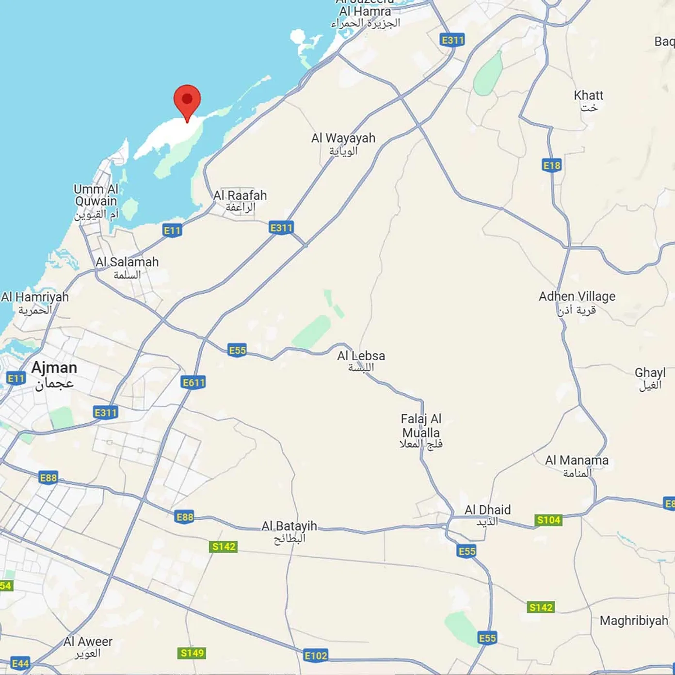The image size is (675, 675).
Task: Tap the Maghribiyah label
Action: (x=634, y=621)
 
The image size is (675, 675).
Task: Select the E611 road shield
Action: (x=193, y=383)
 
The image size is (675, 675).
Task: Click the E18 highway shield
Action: (x=552, y=166)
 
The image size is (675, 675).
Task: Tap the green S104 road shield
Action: (x=548, y=520)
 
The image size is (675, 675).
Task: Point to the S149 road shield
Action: (x=192, y=653)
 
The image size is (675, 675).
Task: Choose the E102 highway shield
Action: (x=316, y=656)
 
